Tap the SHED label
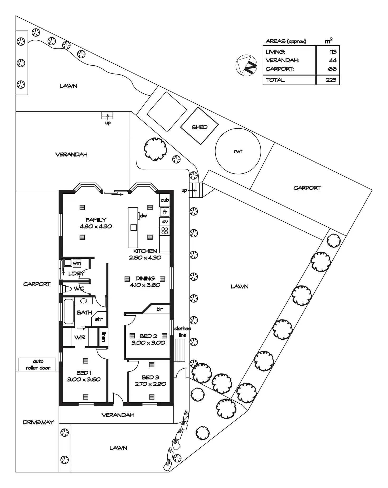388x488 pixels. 200,127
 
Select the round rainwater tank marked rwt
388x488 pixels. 238,151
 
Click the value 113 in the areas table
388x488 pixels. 333,52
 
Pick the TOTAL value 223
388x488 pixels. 331,80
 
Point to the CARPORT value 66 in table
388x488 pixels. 332,69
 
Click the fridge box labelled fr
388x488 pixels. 165,212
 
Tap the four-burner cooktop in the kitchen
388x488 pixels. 165,231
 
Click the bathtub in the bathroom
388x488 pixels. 69,311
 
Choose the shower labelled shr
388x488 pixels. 99,319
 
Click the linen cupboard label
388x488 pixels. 103,337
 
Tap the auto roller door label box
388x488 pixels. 38,365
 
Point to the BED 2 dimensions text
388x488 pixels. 148,343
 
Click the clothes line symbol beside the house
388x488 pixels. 180,350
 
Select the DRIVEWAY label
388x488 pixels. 38,422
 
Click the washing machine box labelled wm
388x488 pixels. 77,263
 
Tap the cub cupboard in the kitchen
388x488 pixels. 165,200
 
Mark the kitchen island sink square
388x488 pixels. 134,227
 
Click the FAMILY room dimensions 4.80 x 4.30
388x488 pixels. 96,226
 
